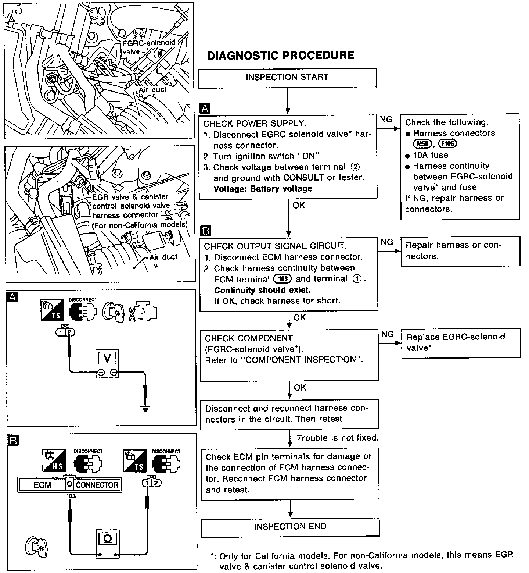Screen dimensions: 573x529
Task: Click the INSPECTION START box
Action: (287, 78)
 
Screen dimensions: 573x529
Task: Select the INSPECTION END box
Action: (290, 527)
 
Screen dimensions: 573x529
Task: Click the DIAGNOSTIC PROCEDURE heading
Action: (281, 56)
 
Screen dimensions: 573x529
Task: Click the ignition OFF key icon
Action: (36, 548)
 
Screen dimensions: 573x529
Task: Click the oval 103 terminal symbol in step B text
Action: (283, 279)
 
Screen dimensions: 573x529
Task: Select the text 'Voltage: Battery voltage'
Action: (263, 189)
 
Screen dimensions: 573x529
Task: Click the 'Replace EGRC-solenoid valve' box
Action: (460, 342)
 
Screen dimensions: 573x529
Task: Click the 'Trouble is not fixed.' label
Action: (337, 438)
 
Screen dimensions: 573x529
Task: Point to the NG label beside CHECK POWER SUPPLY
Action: (386, 120)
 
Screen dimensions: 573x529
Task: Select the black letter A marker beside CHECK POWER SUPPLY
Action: (204, 108)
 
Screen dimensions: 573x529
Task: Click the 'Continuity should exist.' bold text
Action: (262, 290)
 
